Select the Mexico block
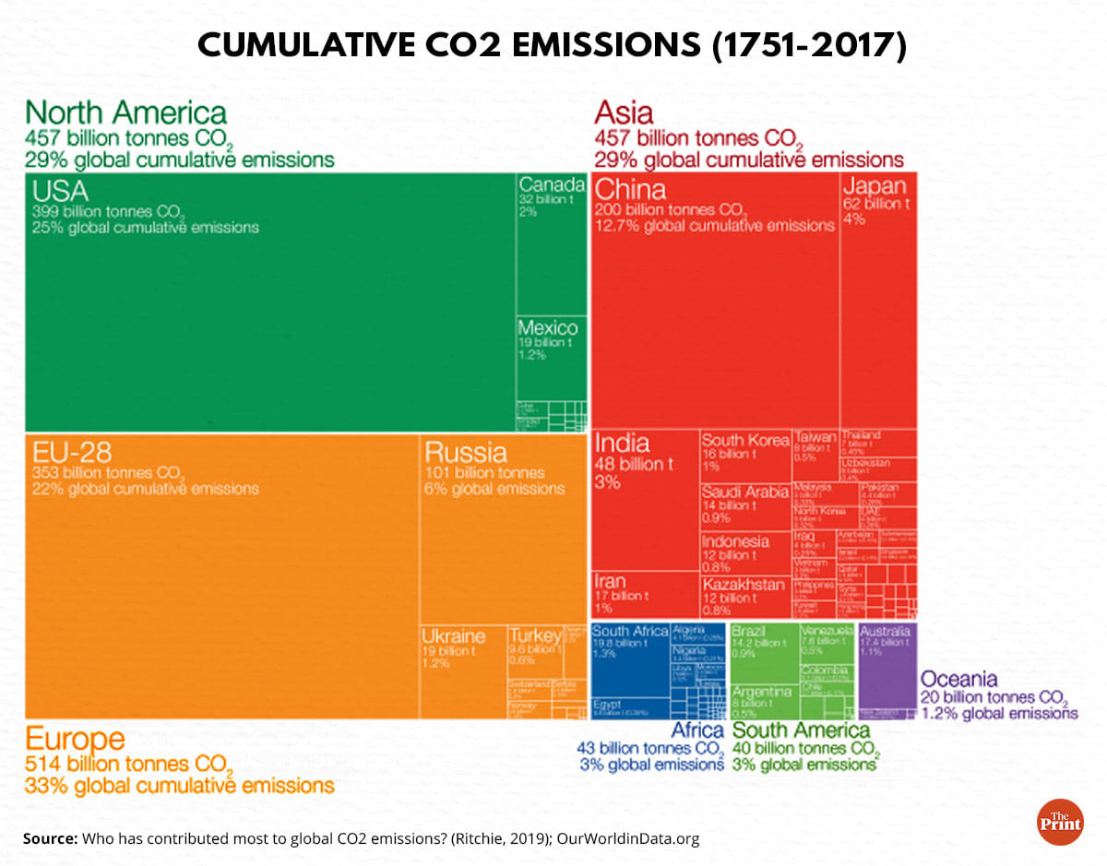551,360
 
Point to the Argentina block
762,701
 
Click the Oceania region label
959,678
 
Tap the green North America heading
126,113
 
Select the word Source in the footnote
50,839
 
